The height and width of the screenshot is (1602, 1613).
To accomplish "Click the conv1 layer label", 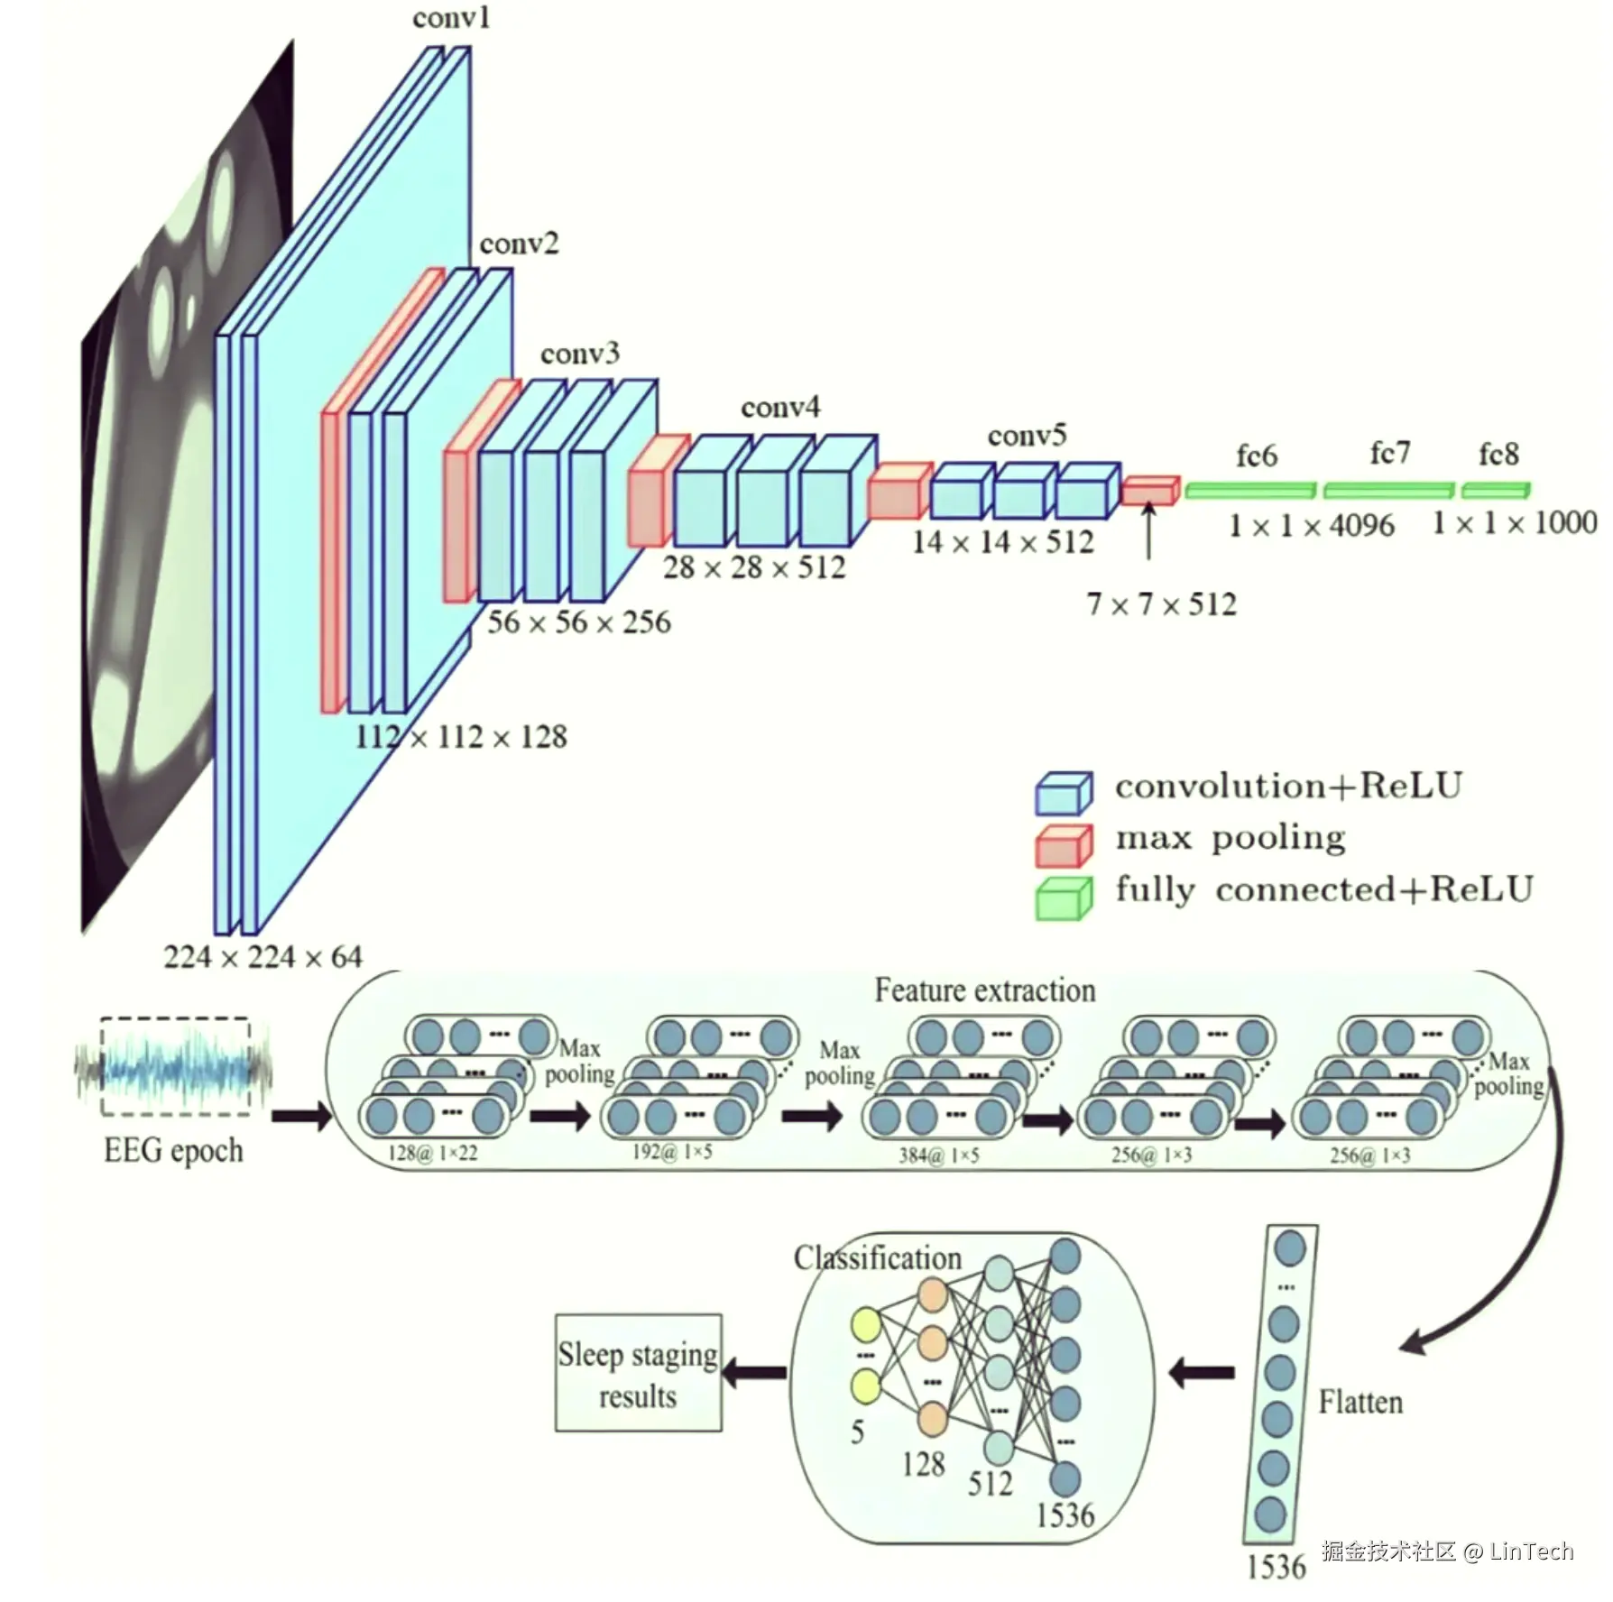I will click(451, 18).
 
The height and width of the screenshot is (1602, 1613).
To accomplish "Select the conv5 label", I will click(1027, 437).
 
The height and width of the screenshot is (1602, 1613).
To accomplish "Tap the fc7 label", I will click(1389, 453).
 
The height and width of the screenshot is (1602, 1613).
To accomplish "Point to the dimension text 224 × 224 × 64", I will click(263, 957).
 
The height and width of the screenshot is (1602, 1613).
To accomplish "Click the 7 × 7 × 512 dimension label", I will click(1161, 604).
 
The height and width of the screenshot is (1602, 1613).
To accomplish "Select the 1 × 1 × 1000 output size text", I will click(1515, 523).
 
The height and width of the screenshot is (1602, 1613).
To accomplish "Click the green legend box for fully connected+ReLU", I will click(1064, 898).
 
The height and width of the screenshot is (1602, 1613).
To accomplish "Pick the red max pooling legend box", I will click(1064, 846).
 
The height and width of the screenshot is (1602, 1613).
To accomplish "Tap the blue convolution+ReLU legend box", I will click(1064, 794).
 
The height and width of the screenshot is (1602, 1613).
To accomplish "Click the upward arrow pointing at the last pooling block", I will click(1148, 532).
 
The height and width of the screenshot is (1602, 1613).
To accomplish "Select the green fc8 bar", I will click(1495, 491).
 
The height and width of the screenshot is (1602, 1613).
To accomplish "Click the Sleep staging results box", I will click(638, 1373).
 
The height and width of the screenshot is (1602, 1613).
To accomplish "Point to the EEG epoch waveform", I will click(174, 1067).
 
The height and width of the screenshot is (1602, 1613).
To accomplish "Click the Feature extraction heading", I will click(984, 991).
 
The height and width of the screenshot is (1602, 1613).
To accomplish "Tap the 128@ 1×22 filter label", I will click(433, 1154).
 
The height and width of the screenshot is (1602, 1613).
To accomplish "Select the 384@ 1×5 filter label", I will click(938, 1155).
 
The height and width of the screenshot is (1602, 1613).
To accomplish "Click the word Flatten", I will click(1360, 1403).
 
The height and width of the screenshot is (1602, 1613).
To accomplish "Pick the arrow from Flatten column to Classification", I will click(1202, 1374).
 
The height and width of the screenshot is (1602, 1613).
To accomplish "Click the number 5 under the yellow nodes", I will click(857, 1432).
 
